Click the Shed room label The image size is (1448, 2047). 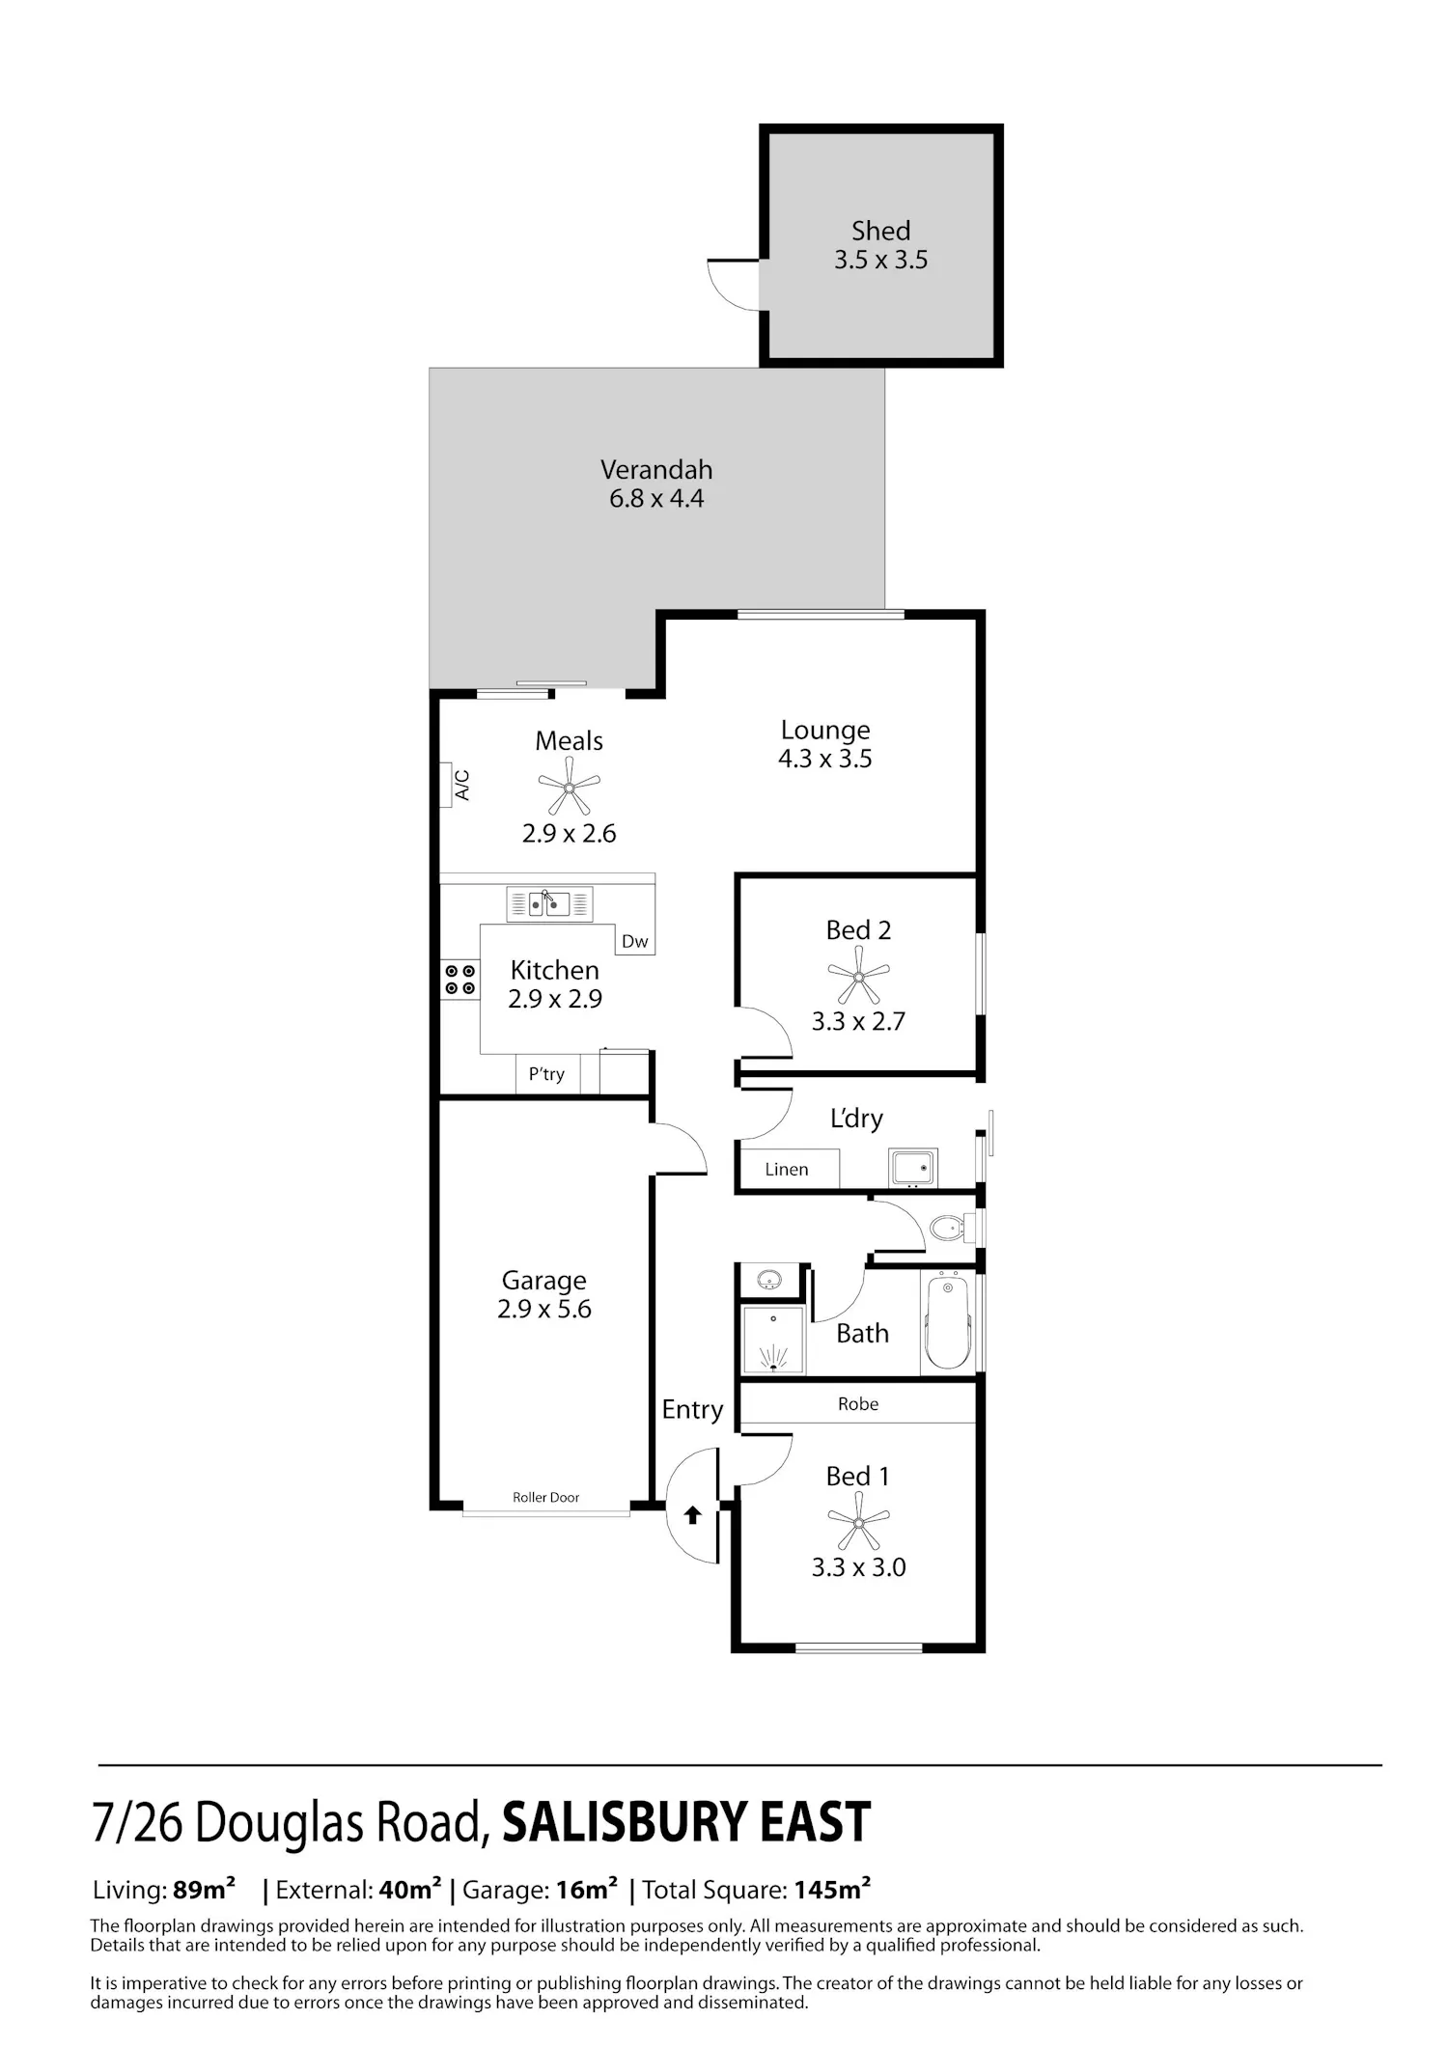880,231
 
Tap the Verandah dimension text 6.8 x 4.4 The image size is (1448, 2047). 656,499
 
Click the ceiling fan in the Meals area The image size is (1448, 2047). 569,786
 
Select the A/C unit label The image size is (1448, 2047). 461,785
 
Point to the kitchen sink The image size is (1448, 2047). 549,904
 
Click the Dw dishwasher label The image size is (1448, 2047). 634,941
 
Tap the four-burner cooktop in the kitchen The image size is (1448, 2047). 460,980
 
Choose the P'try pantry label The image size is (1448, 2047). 546,1074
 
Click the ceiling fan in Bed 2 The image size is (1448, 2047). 858,975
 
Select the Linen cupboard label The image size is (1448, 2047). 787,1169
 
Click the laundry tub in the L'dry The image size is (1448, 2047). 912,1168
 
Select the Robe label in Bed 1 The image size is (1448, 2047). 858,1404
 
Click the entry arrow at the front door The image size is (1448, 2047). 692,1515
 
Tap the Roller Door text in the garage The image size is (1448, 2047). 546,1497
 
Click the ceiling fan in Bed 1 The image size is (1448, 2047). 858,1521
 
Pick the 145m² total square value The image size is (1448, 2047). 833,1890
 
